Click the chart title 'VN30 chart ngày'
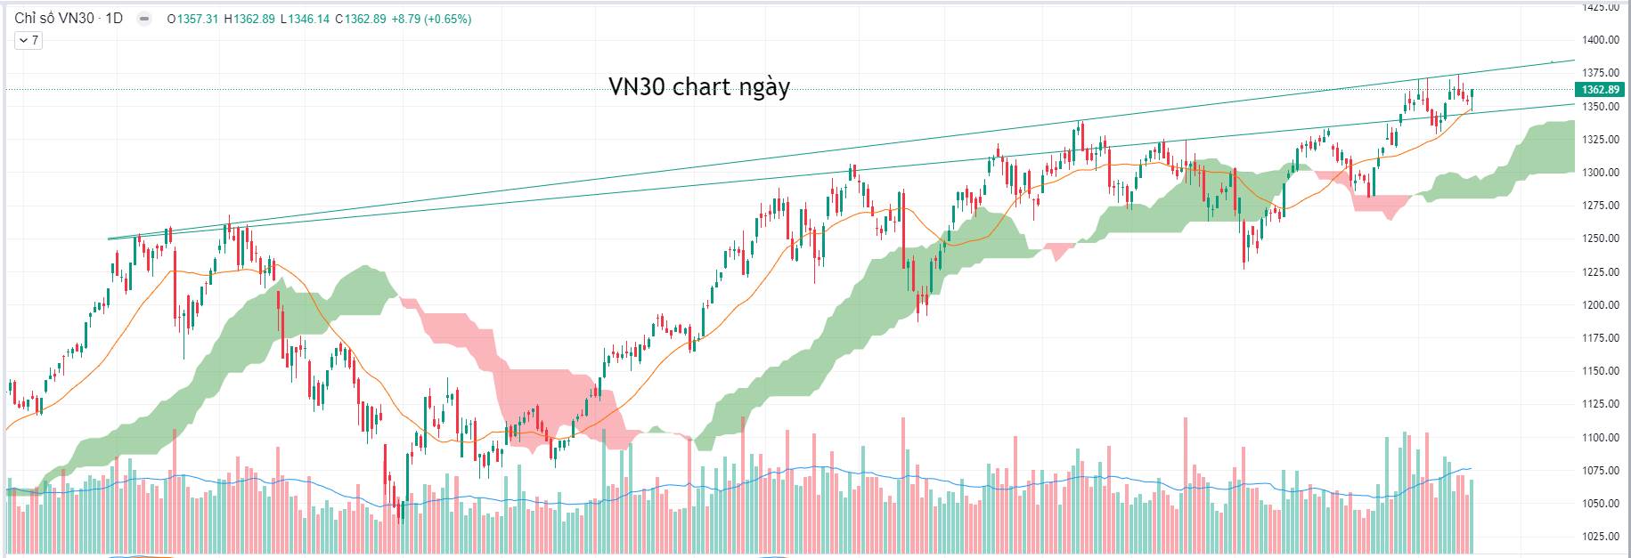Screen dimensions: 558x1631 click(699, 86)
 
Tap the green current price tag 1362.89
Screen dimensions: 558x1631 click(1601, 90)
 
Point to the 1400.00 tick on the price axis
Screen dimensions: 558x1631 click(1601, 40)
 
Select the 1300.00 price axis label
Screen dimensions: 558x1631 click(1601, 173)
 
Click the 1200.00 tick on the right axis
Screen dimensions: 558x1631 click(1601, 305)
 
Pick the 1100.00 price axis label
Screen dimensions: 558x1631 click(1601, 438)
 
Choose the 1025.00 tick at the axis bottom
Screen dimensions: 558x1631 click(1601, 537)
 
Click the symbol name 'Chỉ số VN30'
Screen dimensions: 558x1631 click(53, 19)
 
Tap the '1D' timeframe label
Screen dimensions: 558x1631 click(114, 19)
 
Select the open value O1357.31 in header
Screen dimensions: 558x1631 click(192, 19)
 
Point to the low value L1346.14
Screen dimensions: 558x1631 click(304, 19)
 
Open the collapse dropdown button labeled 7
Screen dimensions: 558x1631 click(29, 40)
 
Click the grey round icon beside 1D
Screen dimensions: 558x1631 click(144, 19)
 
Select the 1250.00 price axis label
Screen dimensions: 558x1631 click(1601, 239)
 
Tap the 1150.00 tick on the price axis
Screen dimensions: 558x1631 click(1601, 371)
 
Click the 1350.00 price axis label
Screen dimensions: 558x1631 click(1601, 107)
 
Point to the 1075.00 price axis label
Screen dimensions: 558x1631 click(1601, 471)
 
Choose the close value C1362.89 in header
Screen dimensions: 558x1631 click(361, 19)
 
